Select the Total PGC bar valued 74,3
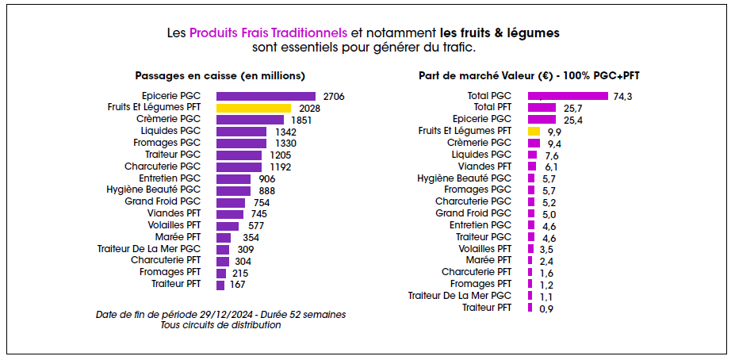click(568, 96)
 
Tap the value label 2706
click(333, 96)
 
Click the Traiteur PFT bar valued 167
click(220, 285)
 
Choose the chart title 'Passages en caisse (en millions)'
click(220, 76)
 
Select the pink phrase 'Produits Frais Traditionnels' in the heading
click(268, 34)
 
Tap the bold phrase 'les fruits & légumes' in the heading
click(500, 34)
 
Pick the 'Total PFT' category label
click(492, 107)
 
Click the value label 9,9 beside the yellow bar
click(554, 132)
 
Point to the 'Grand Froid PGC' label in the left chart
click(163, 202)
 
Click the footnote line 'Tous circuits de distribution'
click(220, 325)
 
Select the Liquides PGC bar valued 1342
click(242, 132)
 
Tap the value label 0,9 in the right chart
click(546, 308)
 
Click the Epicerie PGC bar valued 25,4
click(542, 120)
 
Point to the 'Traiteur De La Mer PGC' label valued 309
click(149, 249)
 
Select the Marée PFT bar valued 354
click(224, 237)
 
